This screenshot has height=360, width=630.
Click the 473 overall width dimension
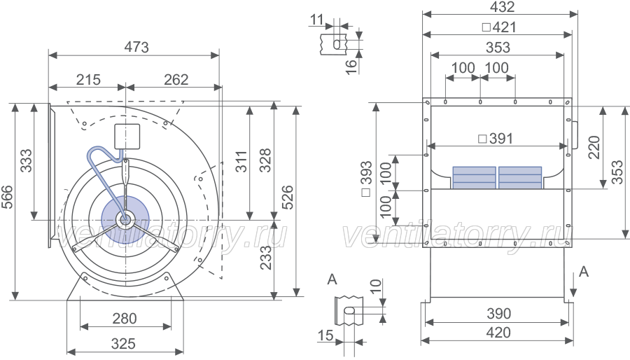click(x=136, y=47)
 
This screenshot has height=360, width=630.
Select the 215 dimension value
click(x=88, y=80)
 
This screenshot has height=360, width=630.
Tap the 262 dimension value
click(x=176, y=80)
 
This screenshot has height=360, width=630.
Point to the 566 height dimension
click(x=7, y=197)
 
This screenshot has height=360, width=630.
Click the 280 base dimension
click(x=125, y=319)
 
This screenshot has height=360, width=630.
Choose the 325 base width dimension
click(x=123, y=343)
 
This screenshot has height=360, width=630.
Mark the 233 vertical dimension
click(x=265, y=258)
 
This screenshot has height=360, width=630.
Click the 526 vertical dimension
click(x=287, y=197)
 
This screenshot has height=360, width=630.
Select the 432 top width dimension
click(x=502, y=6)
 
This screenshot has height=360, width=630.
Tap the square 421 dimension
click(x=498, y=27)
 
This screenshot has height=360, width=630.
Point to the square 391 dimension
click(x=496, y=139)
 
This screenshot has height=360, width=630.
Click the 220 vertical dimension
click(x=594, y=148)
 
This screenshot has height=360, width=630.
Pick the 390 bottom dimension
click(x=498, y=313)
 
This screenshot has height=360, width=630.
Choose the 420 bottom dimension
click(x=498, y=333)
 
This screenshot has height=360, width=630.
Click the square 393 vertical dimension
click(x=367, y=179)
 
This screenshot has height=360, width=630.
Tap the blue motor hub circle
click(x=125, y=219)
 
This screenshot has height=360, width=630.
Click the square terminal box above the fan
click(x=127, y=136)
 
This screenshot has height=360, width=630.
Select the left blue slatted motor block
click(x=474, y=178)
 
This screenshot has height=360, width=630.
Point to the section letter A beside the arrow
click(x=584, y=272)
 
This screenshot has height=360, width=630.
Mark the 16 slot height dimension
click(x=351, y=67)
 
